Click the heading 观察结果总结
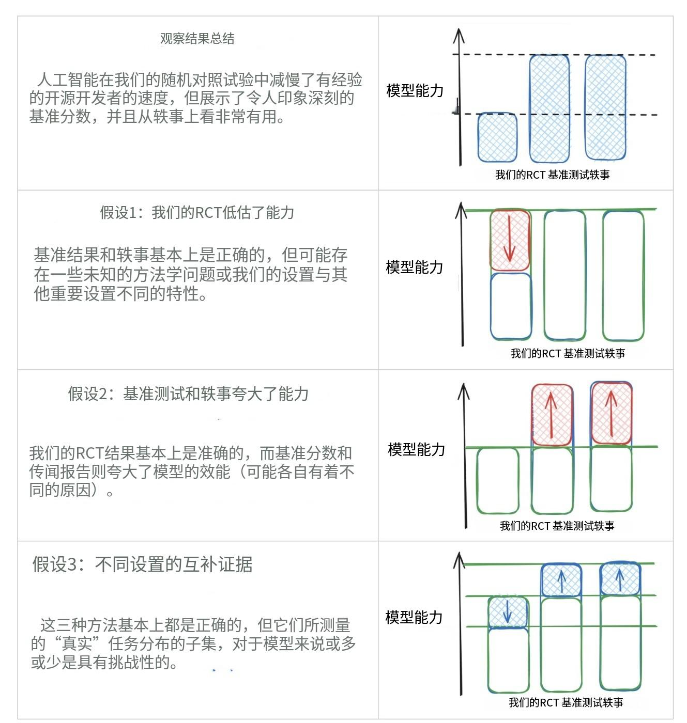(x=197, y=39)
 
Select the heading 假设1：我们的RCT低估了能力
(x=197, y=212)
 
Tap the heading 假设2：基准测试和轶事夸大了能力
(x=188, y=394)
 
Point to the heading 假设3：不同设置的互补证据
(x=142, y=564)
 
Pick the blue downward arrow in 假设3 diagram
(x=507, y=611)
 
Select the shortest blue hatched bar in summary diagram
(x=497, y=137)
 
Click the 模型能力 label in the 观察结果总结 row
(x=415, y=91)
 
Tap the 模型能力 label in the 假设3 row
(x=414, y=617)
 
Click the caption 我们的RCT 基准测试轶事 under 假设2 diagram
(x=557, y=526)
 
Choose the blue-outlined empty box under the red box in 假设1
(x=511, y=306)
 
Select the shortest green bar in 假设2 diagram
(x=497, y=481)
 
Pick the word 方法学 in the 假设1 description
(x=158, y=274)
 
